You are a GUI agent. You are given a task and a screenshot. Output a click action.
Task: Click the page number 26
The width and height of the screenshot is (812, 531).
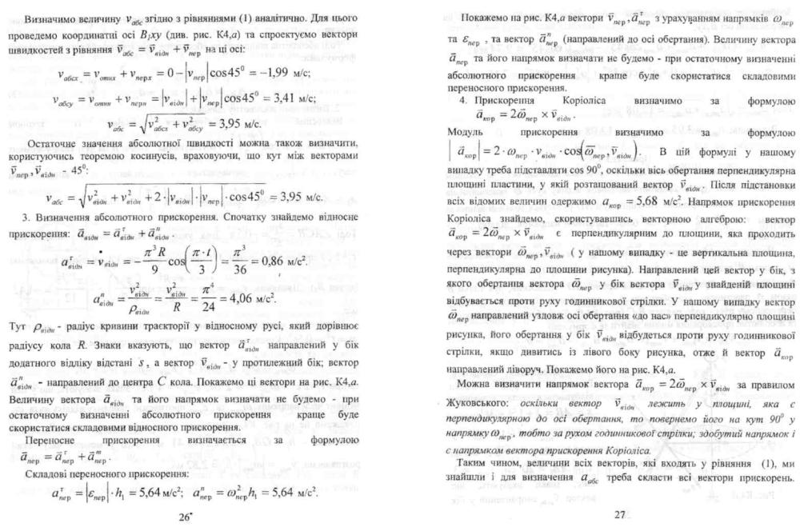pyautogui.click(x=186, y=516)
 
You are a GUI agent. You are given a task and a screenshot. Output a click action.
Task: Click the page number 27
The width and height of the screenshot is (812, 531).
pyautogui.click(x=619, y=514)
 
